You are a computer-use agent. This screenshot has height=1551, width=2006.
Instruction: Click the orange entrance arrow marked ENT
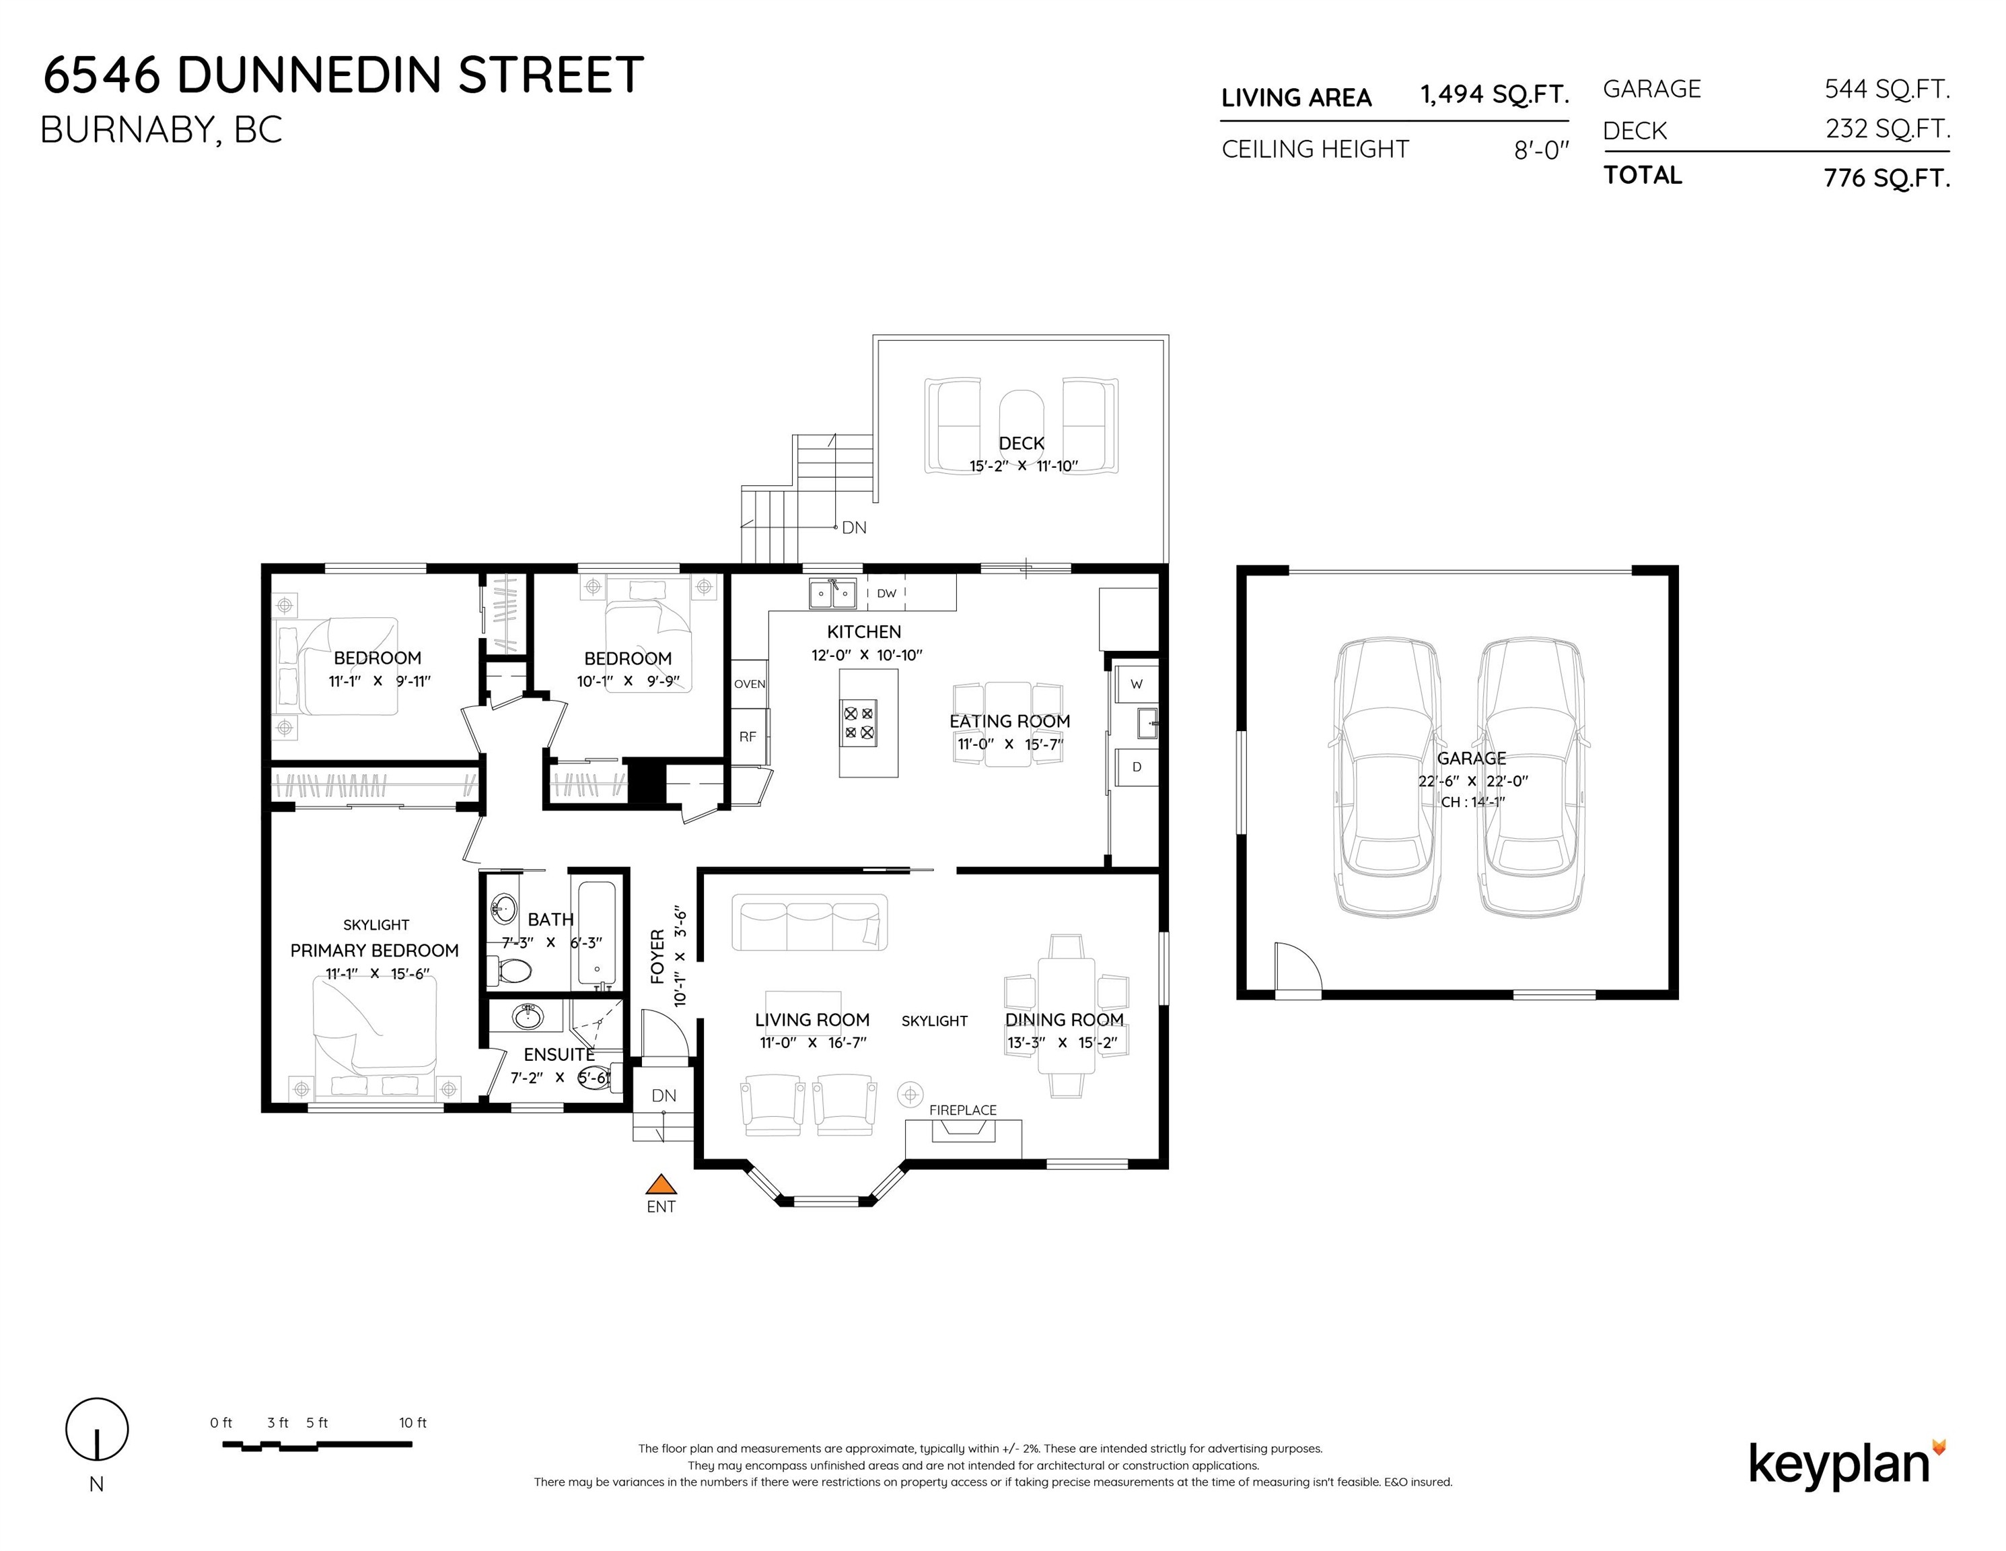660,1184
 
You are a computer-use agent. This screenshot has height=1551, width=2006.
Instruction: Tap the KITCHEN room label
864,632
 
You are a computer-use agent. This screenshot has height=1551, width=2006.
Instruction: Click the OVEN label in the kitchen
750,685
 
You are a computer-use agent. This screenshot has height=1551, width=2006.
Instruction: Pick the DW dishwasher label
886,594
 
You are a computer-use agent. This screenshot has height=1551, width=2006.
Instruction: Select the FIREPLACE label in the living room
962,1110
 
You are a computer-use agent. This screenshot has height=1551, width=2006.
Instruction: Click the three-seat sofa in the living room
810,922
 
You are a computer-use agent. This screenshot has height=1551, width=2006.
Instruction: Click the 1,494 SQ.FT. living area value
1495,95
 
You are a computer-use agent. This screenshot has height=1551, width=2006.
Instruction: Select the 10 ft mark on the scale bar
413,1423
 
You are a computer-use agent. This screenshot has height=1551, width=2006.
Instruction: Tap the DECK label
1022,444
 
